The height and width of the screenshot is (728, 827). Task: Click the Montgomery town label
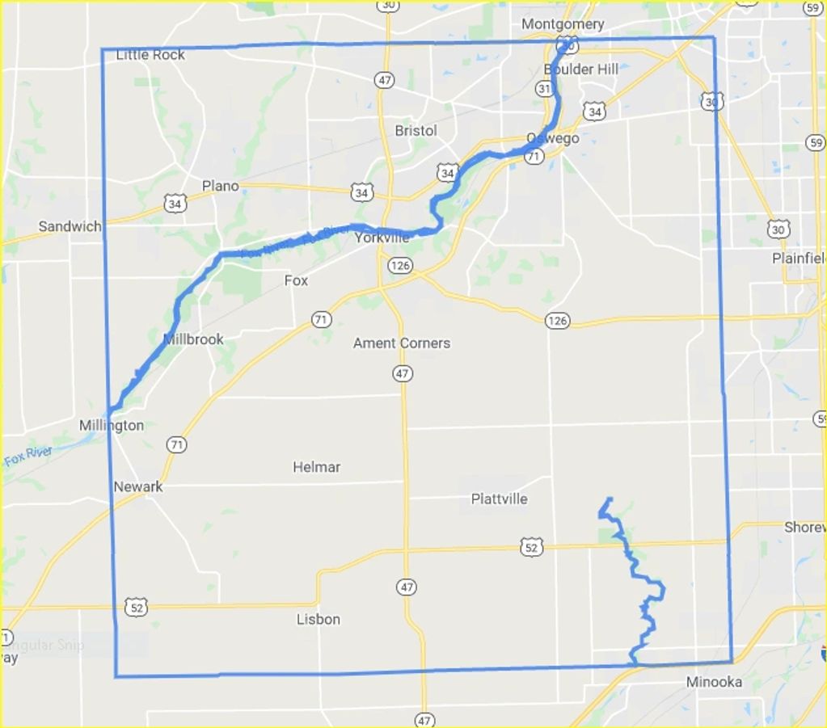(x=562, y=24)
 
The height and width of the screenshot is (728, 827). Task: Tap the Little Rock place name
(x=150, y=55)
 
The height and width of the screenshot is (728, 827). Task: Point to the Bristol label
(x=416, y=131)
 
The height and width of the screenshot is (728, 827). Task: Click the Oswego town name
(x=553, y=138)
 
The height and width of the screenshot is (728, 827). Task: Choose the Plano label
(x=220, y=186)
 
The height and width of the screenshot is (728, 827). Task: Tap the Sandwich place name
(x=70, y=226)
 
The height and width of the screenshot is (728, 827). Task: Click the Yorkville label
(x=382, y=238)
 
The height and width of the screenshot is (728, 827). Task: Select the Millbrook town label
(x=193, y=339)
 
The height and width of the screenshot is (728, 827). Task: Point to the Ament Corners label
(x=402, y=343)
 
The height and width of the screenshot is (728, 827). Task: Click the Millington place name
(x=112, y=426)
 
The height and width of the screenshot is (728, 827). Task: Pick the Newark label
(x=138, y=487)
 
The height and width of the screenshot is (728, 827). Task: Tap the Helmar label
(x=317, y=467)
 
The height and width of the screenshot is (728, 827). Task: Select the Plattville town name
(x=499, y=499)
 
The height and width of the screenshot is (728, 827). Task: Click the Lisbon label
(x=318, y=620)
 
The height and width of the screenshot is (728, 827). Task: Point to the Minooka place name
(x=714, y=682)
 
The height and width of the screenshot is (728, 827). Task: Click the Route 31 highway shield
(x=544, y=88)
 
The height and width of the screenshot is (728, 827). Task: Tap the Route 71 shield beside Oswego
(x=533, y=158)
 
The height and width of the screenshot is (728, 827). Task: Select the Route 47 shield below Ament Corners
(x=402, y=373)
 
